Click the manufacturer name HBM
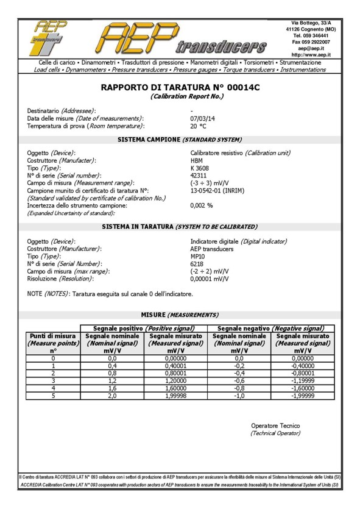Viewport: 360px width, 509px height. click(197, 159)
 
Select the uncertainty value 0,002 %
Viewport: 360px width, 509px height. click(202, 205)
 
